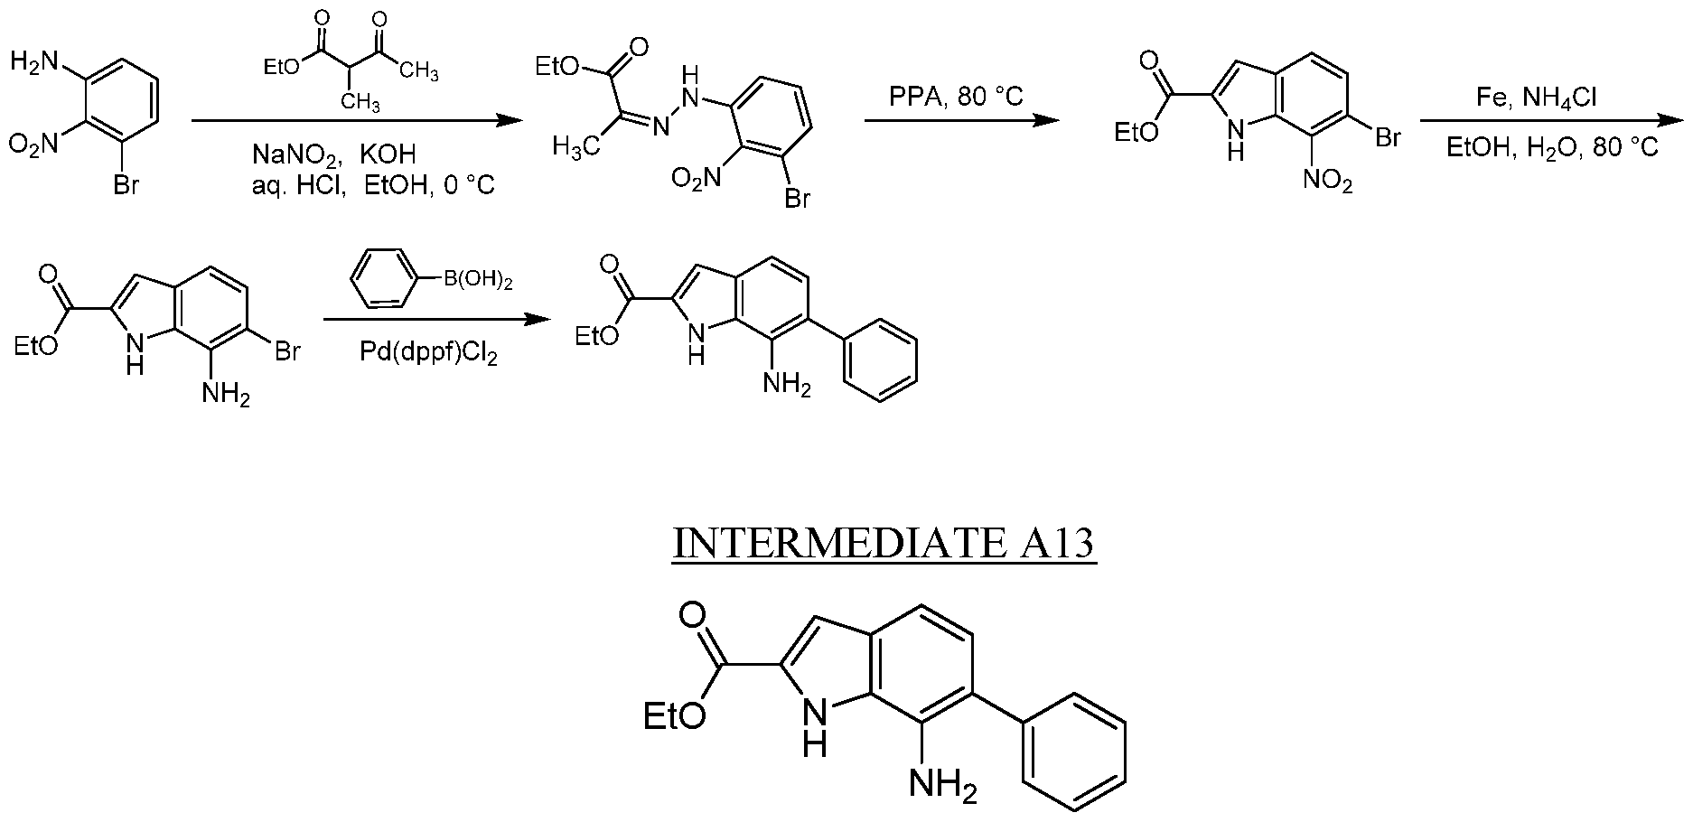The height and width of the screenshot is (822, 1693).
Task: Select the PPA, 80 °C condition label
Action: pos(959,97)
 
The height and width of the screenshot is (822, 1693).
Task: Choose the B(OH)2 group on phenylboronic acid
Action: pos(477,282)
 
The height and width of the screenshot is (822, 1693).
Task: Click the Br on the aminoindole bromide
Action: pos(286,350)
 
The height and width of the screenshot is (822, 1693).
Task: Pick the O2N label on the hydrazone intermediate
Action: pos(697,179)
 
